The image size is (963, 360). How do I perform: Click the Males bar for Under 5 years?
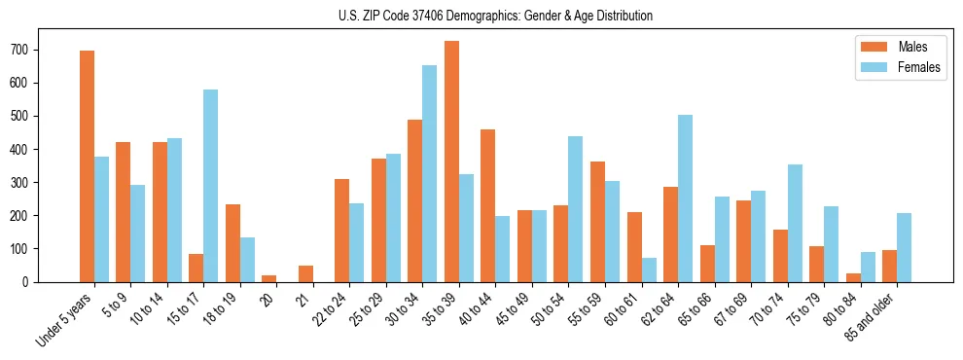(x=87, y=166)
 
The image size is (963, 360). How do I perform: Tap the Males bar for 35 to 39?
(x=451, y=162)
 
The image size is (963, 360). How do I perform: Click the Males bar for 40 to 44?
(x=488, y=205)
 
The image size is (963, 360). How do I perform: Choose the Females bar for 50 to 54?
(x=575, y=209)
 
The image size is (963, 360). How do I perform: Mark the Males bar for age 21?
(x=305, y=273)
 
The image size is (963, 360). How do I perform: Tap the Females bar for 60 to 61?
(x=648, y=270)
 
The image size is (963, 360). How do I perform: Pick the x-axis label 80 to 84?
(x=833, y=309)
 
